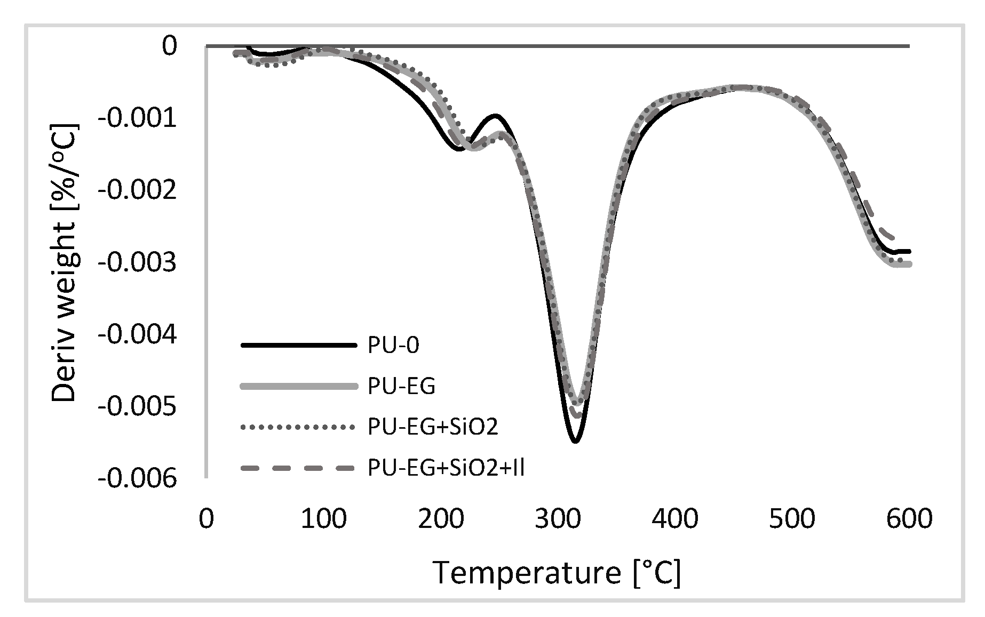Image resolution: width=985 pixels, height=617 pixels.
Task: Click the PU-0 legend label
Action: click(393, 346)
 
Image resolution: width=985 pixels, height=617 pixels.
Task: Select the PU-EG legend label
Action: click(401, 386)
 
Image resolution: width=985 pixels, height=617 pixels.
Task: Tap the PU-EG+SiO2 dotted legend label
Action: click(433, 427)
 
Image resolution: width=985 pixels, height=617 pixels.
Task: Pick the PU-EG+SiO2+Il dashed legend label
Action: click(446, 468)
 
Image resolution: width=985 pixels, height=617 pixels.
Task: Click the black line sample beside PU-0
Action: click(298, 346)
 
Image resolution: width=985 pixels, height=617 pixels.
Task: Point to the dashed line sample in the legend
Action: click(298, 468)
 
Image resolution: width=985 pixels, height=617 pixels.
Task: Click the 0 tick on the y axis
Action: click(169, 46)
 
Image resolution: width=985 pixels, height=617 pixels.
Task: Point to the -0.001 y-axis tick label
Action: click(137, 118)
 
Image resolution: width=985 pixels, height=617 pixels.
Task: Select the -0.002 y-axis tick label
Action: click(137, 190)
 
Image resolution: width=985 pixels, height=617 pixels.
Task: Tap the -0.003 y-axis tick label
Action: click(137, 262)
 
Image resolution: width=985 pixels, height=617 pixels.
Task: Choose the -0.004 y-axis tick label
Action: click(137, 334)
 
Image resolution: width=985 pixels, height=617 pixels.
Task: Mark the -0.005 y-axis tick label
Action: click(137, 406)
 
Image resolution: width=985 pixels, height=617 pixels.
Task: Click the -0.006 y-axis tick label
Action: click(137, 478)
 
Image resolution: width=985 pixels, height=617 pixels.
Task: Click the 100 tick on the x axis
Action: click(323, 518)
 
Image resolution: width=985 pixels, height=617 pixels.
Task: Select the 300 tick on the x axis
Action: click(558, 518)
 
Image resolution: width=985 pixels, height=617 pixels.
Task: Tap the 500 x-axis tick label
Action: click(792, 518)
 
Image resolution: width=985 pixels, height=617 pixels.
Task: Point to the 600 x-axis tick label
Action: click(909, 518)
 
